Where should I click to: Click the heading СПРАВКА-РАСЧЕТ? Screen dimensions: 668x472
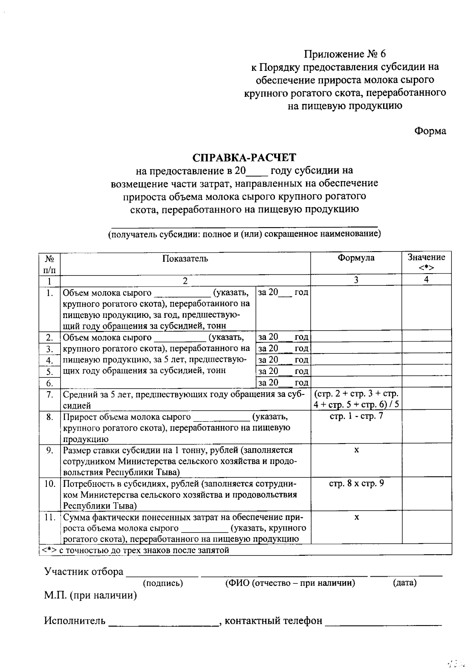244,157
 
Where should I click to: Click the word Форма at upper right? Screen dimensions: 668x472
430,131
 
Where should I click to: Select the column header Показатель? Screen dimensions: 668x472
185,259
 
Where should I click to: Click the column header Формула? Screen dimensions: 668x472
356,258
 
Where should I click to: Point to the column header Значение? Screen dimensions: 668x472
426,257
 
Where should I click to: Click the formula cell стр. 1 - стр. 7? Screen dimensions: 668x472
356,416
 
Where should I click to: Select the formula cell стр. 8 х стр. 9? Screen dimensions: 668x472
356,483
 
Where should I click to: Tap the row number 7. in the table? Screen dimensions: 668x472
50,394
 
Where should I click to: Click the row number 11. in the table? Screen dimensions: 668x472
50,517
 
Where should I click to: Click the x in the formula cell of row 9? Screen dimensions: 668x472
356,450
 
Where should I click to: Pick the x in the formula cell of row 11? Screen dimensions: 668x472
356,517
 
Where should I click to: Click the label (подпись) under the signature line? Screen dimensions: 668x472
163,583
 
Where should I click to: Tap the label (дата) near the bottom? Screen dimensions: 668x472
404,583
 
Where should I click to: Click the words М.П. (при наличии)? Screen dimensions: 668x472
90,596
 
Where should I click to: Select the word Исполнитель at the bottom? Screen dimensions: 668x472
75,621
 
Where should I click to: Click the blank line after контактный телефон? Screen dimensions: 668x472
383,622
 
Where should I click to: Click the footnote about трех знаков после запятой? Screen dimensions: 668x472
136,550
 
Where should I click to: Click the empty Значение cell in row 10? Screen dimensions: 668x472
426,494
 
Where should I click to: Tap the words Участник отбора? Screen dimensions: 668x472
84,572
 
